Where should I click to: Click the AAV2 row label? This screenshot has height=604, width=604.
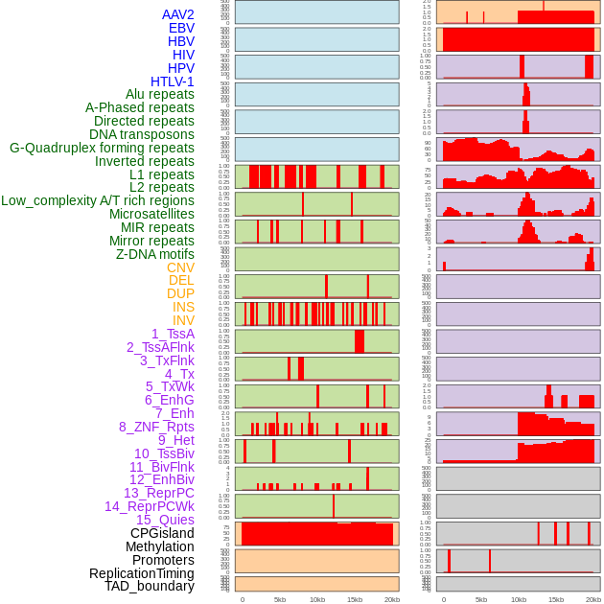click(178, 15)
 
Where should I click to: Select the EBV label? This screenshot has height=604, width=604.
click(181, 29)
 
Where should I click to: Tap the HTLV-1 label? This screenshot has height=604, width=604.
click(173, 81)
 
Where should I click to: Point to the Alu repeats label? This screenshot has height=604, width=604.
click(160, 95)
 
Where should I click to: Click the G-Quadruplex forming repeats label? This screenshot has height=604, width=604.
click(102, 148)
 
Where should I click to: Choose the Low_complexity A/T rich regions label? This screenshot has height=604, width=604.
click(98, 200)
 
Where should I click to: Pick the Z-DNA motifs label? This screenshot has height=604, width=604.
click(155, 254)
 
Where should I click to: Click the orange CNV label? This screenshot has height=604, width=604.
click(180, 267)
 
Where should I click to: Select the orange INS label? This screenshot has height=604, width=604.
click(183, 307)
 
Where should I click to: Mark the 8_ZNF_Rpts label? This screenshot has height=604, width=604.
click(156, 427)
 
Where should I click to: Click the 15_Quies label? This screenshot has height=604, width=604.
click(165, 520)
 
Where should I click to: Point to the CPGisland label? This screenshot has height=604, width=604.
click(162, 533)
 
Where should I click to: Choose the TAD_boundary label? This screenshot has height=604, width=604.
click(150, 586)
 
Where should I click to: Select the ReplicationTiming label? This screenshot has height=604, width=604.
click(142, 573)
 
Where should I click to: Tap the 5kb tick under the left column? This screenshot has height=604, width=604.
click(280, 599)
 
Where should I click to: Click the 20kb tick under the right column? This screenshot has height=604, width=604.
click(593, 599)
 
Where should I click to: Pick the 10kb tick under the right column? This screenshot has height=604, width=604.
click(519, 599)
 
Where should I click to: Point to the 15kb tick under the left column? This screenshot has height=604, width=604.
click(355, 599)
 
